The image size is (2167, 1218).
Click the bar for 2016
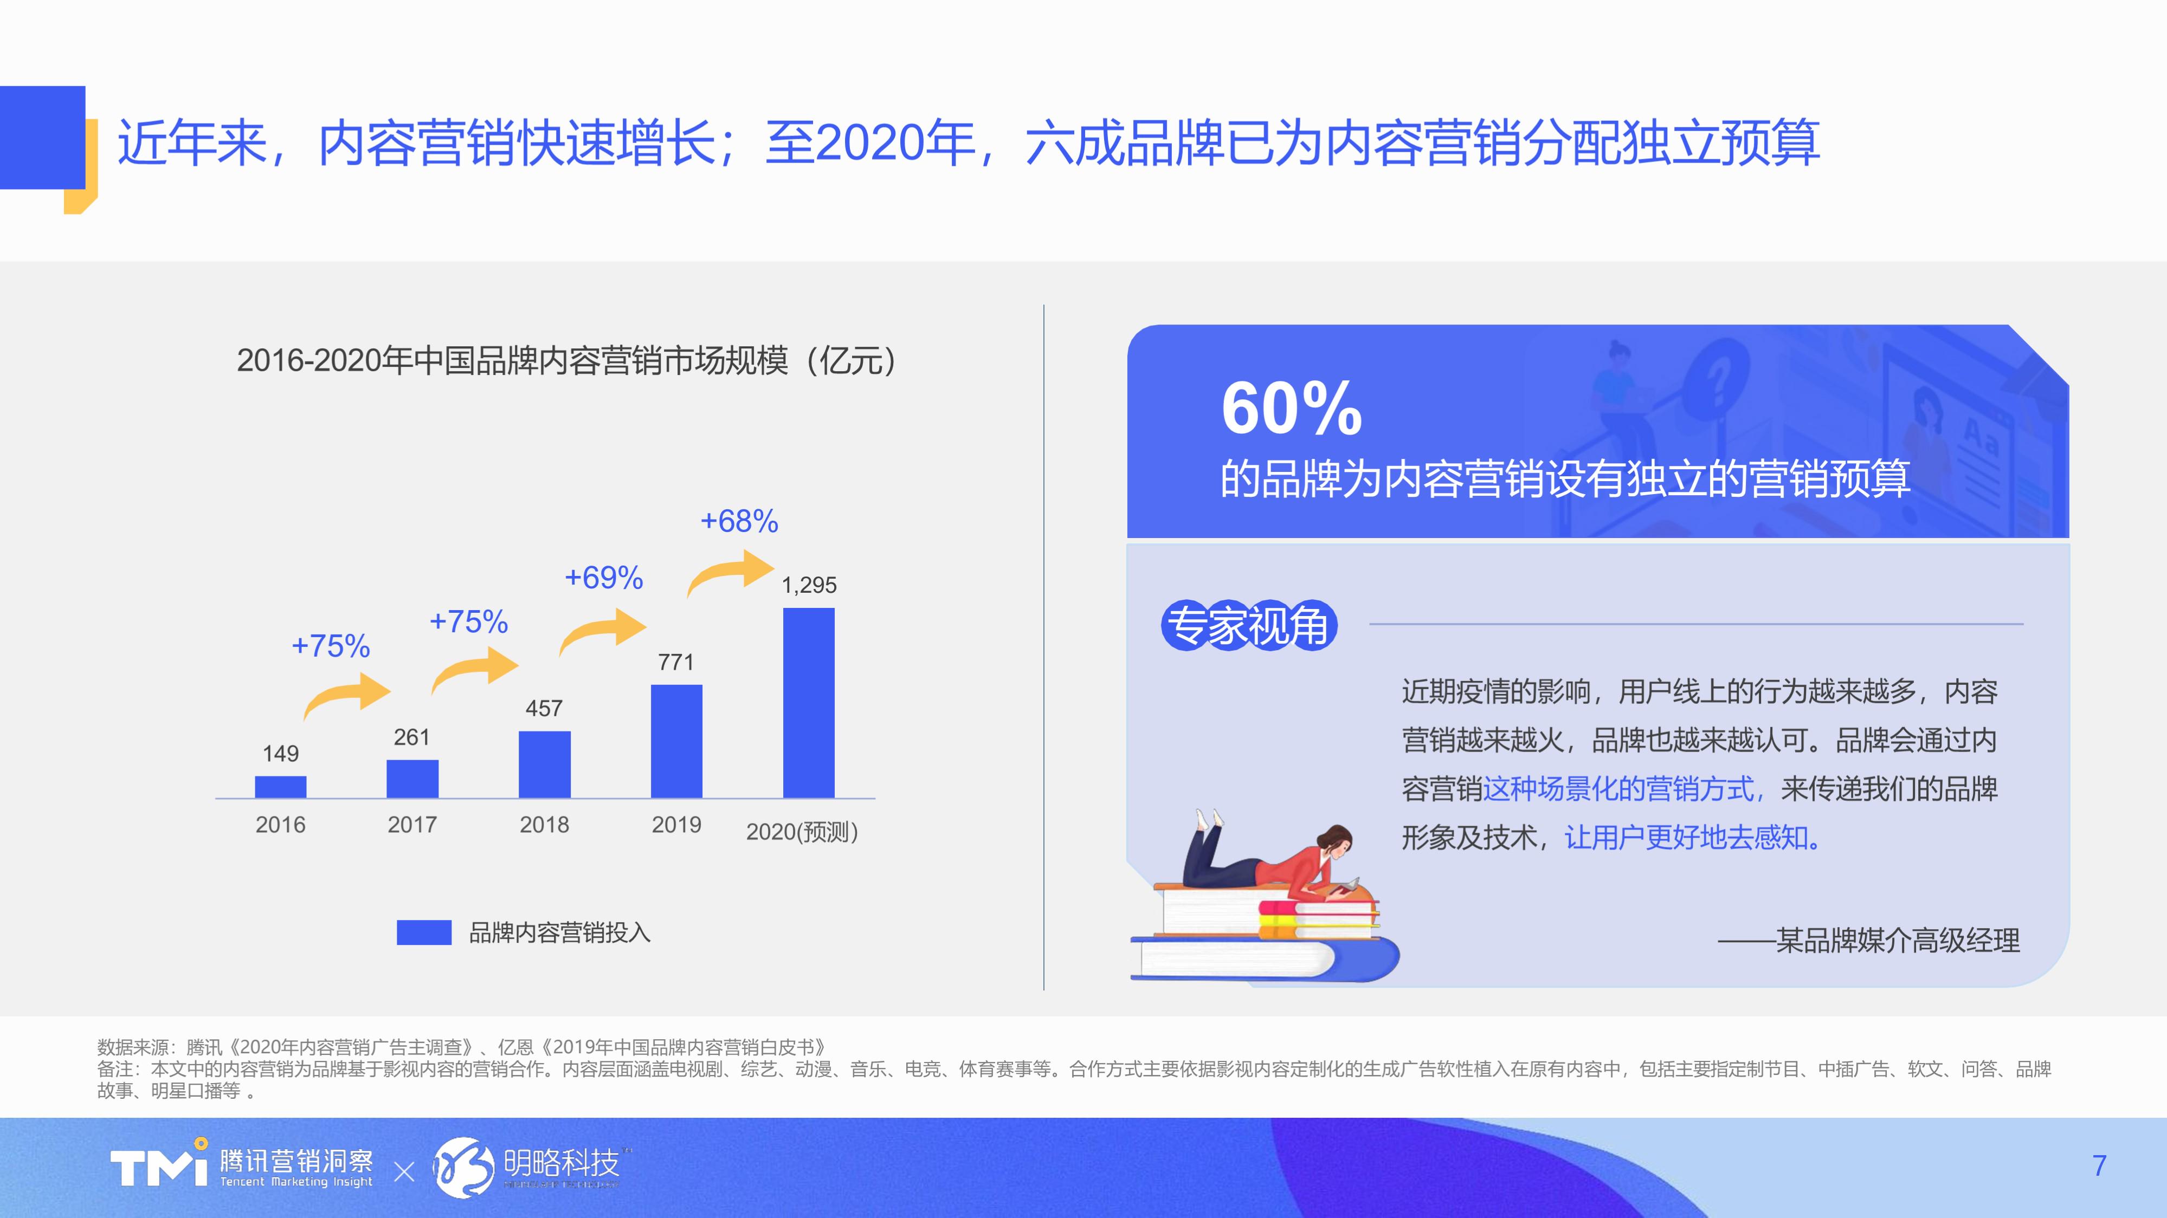click(x=280, y=787)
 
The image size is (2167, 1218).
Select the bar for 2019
click(x=676, y=741)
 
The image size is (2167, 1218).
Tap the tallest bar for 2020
click(x=808, y=702)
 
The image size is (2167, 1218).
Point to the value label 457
click(x=544, y=708)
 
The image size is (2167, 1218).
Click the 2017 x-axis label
click(x=412, y=824)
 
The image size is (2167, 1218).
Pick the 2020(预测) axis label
click(x=802, y=832)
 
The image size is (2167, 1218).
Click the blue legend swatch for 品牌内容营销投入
click(x=424, y=932)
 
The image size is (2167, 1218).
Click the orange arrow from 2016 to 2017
click(x=346, y=695)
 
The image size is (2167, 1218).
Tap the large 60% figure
click(x=1291, y=409)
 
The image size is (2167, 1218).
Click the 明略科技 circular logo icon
click(x=463, y=1167)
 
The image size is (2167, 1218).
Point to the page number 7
click(x=2099, y=1166)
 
